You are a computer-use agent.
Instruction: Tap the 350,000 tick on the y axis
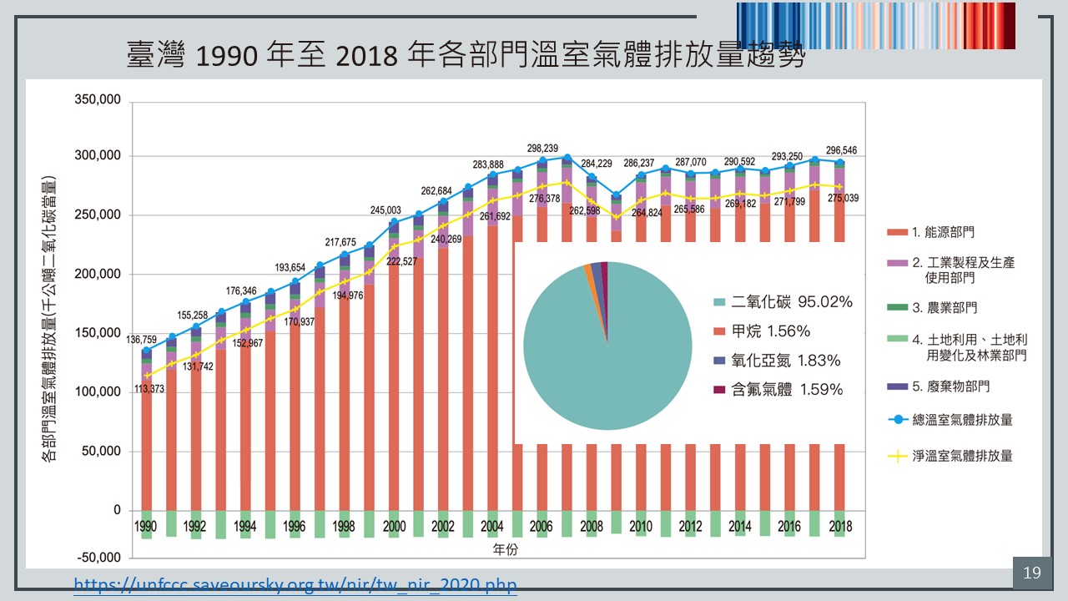click(x=98, y=99)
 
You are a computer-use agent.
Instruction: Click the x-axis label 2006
click(x=541, y=527)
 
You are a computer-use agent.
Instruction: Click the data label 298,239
click(x=543, y=148)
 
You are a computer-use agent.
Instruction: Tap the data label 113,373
click(x=165, y=387)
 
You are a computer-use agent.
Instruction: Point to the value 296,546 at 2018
click(x=839, y=151)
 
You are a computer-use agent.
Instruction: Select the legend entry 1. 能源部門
click(x=943, y=231)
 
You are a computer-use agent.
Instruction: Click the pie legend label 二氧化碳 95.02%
click(x=791, y=302)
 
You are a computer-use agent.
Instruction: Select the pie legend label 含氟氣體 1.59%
click(x=786, y=389)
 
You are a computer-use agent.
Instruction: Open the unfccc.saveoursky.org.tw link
click(x=295, y=584)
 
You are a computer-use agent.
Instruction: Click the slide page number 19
click(x=1031, y=573)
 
